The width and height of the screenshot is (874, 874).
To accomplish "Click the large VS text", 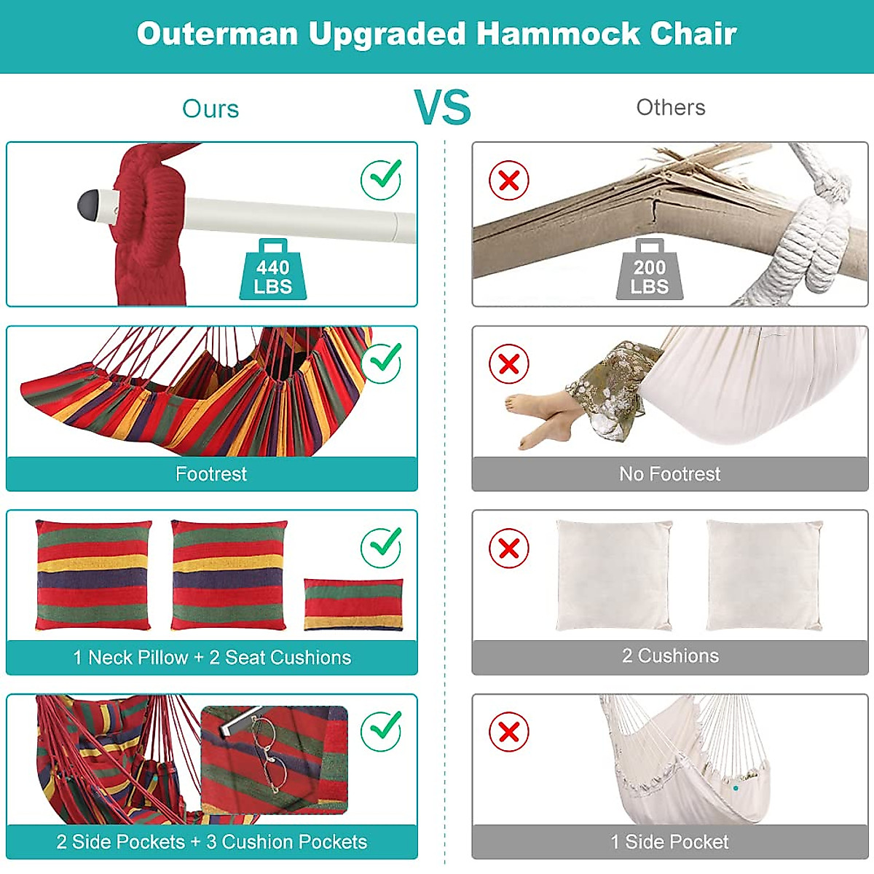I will point(443,108).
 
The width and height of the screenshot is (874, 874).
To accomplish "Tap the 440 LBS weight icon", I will point(273,273).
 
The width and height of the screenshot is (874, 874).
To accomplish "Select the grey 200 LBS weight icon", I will point(650,273).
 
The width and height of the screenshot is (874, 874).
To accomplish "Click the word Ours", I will point(210,109).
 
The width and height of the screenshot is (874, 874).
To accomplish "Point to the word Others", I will point(671,108).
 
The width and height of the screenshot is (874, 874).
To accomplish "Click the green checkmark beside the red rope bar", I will point(382,178).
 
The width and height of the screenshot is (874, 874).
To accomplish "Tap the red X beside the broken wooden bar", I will point(509,180).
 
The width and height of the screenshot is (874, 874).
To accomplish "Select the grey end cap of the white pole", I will point(89,204).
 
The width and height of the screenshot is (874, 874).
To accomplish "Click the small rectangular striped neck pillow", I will point(353,604).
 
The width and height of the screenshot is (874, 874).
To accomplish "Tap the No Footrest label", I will point(669,474).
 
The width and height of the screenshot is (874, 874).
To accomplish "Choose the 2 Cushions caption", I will point(670,655).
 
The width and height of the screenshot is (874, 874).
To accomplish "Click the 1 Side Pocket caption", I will point(669,842).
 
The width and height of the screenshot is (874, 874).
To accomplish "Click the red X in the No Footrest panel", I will point(509,363).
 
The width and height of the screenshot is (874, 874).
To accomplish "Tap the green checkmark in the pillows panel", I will point(382,546).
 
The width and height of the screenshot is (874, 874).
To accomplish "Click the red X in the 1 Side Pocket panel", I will point(509,731).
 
